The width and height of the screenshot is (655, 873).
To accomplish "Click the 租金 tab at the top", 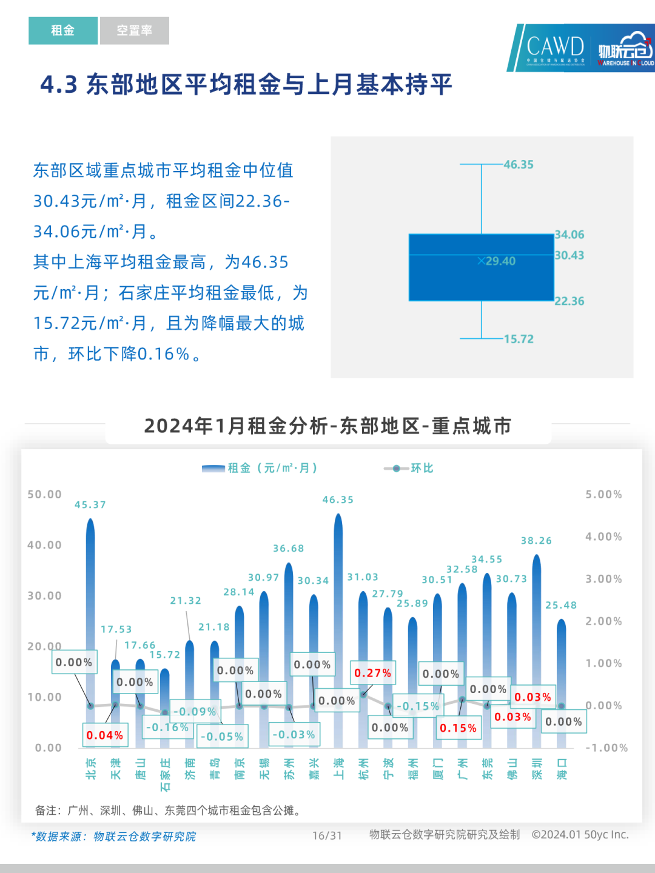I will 62,30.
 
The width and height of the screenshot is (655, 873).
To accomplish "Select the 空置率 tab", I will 134,30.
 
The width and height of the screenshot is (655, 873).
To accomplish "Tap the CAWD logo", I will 554,47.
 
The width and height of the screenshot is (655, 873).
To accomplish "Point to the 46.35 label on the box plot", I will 519,164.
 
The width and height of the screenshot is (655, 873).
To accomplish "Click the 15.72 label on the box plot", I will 519,339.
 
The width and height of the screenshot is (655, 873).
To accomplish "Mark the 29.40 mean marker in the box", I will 497,261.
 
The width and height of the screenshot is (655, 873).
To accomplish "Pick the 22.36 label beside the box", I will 569,301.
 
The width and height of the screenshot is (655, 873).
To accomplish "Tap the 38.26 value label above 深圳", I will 536,540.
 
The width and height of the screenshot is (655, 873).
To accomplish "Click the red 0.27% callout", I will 373,673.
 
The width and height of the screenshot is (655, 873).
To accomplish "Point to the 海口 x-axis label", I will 562,769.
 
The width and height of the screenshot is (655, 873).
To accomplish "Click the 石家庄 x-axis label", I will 165,775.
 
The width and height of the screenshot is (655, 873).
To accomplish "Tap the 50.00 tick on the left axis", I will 44,494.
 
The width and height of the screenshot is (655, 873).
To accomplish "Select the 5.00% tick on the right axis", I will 603,494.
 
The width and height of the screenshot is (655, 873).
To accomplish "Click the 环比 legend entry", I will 409,468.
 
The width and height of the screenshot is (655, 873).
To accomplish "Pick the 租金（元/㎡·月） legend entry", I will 261,468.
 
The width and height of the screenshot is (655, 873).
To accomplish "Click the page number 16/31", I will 327,835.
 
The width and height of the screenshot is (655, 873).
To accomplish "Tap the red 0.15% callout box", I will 458,728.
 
